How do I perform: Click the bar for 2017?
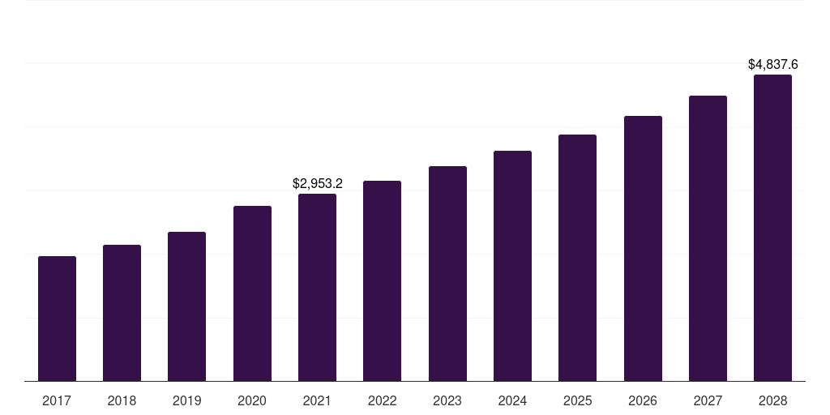(x=57, y=319)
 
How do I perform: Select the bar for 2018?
(x=122, y=313)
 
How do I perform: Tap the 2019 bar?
(x=186, y=306)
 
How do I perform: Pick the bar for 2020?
(x=252, y=293)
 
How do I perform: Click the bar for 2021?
(x=317, y=287)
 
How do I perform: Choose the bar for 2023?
(x=447, y=273)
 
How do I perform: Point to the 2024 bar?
(x=512, y=266)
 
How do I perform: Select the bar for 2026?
(x=643, y=248)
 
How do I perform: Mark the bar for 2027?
(x=708, y=238)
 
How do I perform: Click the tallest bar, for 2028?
(x=772, y=228)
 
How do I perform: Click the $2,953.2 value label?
(x=318, y=184)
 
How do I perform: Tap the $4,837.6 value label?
(x=772, y=64)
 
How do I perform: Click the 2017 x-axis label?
(x=57, y=400)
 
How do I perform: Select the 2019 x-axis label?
(x=186, y=400)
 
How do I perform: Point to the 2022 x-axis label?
(x=382, y=400)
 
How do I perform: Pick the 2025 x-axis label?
(x=577, y=400)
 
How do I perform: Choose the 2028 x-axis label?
(x=772, y=400)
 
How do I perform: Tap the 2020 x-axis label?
(x=252, y=400)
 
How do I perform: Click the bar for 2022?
(x=382, y=280)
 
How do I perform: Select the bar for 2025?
(x=577, y=258)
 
